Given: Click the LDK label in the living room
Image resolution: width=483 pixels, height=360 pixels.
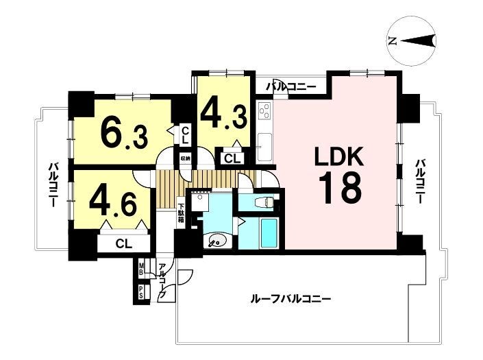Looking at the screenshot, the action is [339, 157].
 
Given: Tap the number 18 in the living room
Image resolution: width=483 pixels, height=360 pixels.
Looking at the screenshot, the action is [339, 188].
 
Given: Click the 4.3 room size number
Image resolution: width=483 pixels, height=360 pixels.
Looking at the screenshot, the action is [224, 116].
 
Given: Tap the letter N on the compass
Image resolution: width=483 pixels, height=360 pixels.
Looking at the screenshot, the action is [393, 41].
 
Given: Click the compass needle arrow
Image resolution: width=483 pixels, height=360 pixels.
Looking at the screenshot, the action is [418, 40].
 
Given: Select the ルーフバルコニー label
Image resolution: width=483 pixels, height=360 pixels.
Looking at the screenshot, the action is [290, 299].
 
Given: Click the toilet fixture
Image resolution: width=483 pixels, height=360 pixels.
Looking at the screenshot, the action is [265, 202].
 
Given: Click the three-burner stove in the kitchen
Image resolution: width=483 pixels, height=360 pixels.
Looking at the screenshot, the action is [264, 112].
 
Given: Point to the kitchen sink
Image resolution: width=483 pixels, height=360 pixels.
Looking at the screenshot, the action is [264, 147].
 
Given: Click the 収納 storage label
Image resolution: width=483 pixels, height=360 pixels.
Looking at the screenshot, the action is [186, 158].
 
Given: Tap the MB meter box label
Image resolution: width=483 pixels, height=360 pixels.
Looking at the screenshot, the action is [141, 269].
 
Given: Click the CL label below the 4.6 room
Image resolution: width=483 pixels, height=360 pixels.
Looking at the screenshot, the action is [124, 243].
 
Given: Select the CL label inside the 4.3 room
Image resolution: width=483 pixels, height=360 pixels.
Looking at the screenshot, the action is [232, 159].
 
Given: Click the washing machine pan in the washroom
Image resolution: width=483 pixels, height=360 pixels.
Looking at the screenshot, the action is [200, 202].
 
